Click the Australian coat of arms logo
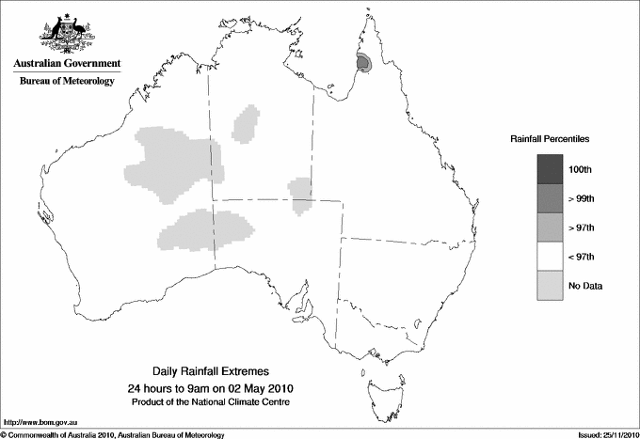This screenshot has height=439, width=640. [67, 32]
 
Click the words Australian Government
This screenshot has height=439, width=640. [67, 64]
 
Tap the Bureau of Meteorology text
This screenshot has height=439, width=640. [67, 82]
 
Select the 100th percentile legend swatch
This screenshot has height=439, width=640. [549, 169]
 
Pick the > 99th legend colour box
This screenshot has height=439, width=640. [549, 198]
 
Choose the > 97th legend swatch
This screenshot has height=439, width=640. [549, 227]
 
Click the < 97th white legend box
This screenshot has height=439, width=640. [549, 257]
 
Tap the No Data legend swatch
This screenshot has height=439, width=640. [549, 286]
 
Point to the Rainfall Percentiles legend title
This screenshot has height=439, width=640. [550, 139]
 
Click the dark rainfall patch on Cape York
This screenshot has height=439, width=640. [364, 63]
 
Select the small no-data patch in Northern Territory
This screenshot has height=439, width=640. [248, 123]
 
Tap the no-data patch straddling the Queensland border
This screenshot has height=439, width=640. [301, 195]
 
